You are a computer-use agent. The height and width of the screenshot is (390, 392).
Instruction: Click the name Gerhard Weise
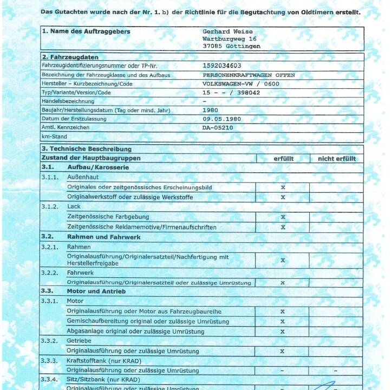(227, 32)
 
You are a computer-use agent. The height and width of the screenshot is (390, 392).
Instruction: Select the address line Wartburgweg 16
(230, 39)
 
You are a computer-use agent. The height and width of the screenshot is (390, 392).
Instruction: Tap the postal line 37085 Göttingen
(231, 47)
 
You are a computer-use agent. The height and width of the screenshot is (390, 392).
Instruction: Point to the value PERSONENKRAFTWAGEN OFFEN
(249, 75)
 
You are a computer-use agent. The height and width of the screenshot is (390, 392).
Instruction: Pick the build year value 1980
(210, 110)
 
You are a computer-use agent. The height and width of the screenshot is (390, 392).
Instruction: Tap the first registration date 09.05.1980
(222, 119)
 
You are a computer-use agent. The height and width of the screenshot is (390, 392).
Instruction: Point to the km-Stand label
(54, 136)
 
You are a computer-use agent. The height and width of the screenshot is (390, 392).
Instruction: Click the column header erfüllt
(283, 159)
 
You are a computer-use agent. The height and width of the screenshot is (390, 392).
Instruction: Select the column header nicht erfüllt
(337, 159)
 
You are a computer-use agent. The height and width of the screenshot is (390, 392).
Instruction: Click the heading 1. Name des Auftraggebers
(86, 31)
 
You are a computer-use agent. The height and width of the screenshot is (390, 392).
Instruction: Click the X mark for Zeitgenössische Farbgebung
(283, 217)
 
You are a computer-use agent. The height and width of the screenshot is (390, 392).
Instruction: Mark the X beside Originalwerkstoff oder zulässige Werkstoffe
(283, 197)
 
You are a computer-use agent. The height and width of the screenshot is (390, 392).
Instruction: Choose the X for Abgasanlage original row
(283, 330)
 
